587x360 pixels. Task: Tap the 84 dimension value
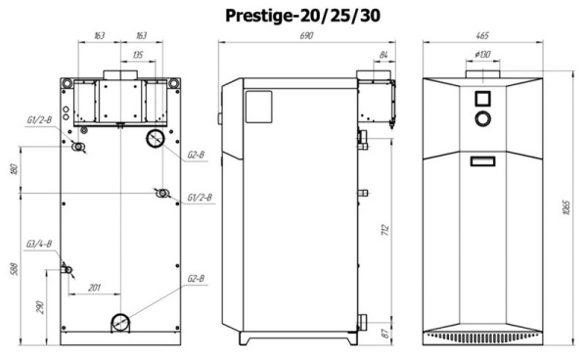pyautogui.click(x=383, y=53)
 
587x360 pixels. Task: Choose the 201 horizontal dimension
pyautogui.click(x=94, y=287)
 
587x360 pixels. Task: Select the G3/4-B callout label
pyautogui.click(x=39, y=245)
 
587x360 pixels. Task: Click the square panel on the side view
pyautogui.click(x=257, y=103)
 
